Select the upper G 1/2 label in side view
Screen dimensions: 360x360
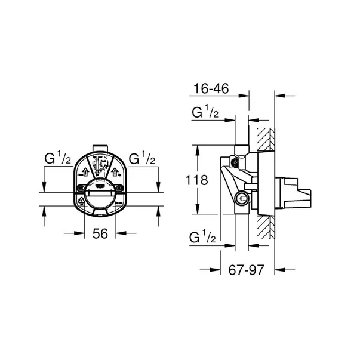205,113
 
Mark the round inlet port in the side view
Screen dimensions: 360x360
242,199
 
